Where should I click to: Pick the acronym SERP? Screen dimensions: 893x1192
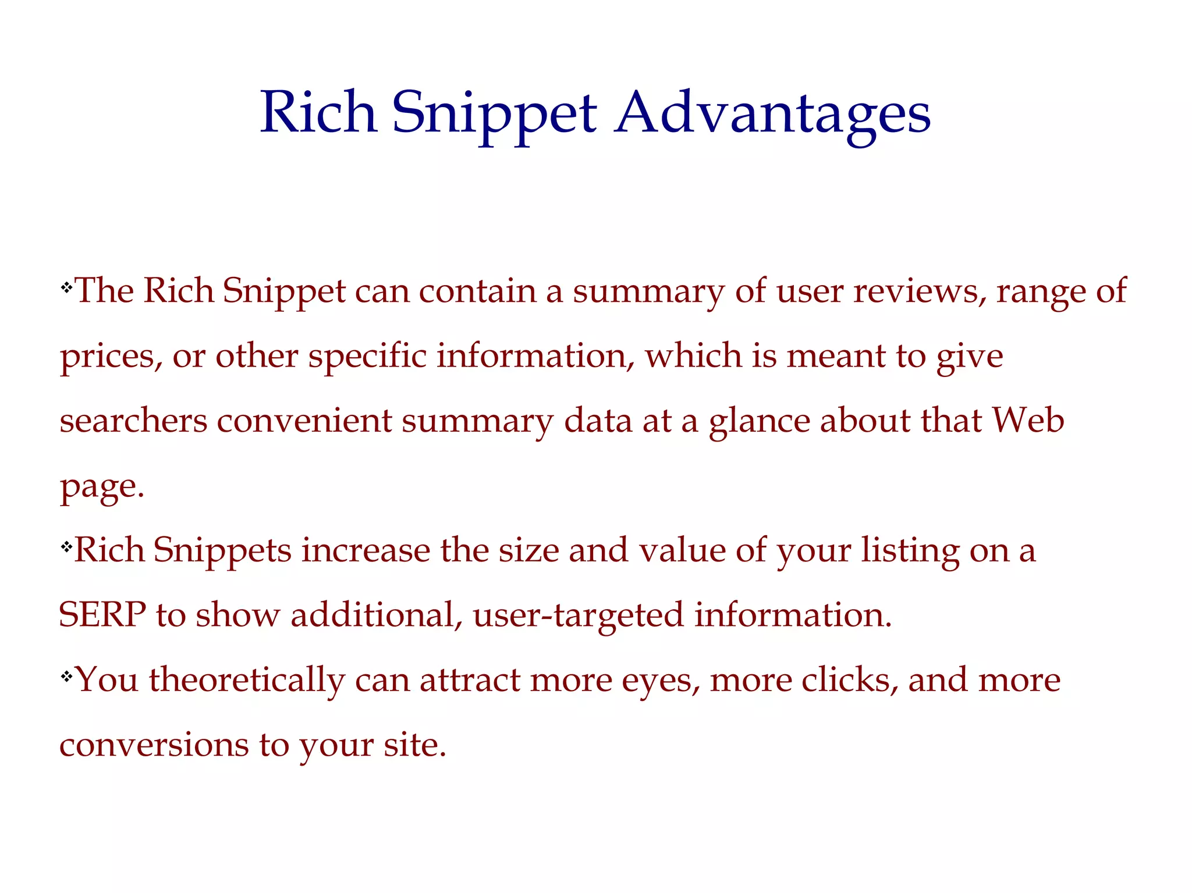(102, 614)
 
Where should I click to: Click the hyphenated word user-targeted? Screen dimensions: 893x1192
(579, 616)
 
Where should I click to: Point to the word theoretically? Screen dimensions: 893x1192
(247, 679)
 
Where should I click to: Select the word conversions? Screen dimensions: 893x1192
(154, 745)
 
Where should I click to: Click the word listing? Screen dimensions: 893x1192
(910, 550)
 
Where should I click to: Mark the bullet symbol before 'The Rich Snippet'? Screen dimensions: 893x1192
(66, 286)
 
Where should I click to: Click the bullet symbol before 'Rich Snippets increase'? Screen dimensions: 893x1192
(66, 546)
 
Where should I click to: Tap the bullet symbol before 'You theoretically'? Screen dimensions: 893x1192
(66, 675)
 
